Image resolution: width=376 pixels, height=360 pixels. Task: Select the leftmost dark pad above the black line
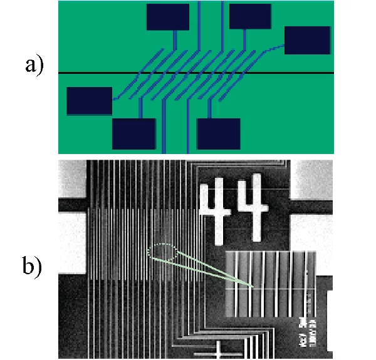167,17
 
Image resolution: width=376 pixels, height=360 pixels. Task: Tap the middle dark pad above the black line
250,16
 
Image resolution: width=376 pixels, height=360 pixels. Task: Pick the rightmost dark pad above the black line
307,40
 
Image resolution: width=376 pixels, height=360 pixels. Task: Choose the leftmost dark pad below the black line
89,101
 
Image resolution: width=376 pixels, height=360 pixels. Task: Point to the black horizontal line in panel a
263,73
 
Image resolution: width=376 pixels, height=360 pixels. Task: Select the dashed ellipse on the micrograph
162,252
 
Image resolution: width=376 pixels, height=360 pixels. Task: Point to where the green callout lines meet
253,287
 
